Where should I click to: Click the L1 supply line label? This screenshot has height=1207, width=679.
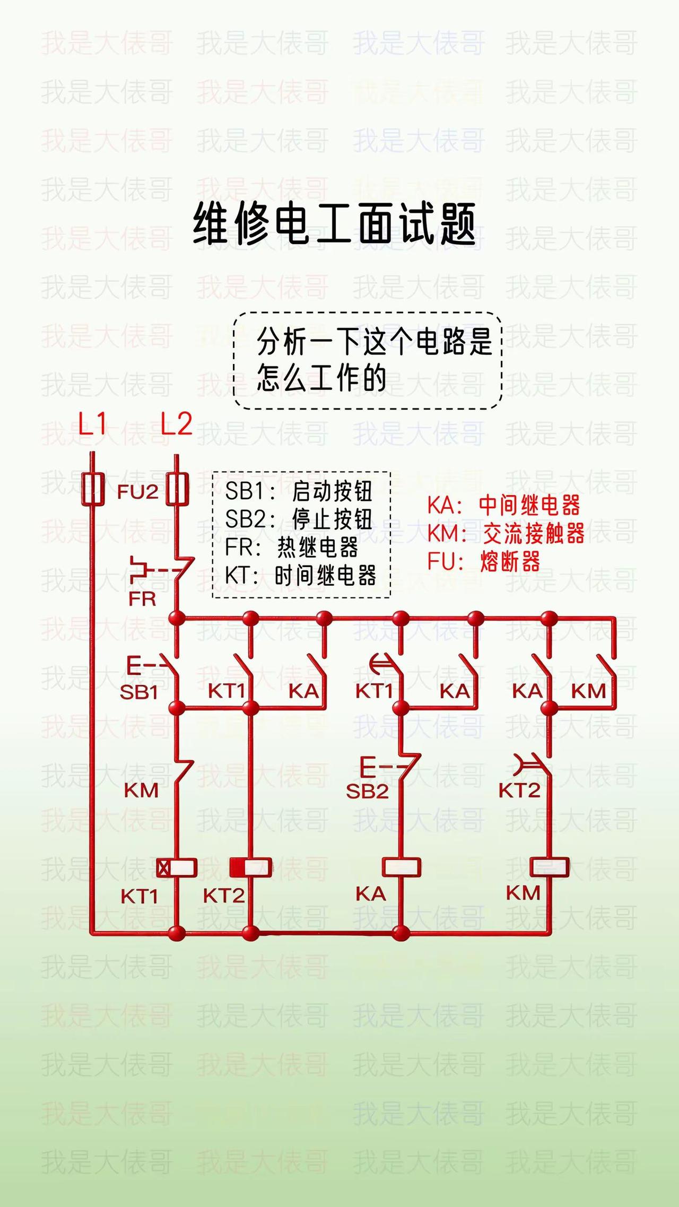pyautogui.click(x=92, y=424)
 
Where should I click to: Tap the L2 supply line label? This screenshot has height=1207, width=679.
pyautogui.click(x=176, y=424)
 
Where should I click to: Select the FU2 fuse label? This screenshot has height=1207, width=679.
pyautogui.click(x=137, y=492)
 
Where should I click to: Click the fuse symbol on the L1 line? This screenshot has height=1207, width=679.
pyautogui.click(x=93, y=488)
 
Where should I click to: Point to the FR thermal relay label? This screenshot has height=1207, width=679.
pyautogui.click(x=142, y=599)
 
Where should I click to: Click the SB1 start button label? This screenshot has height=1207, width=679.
pyautogui.click(x=139, y=692)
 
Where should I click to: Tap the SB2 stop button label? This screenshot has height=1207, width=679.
pyautogui.click(x=367, y=792)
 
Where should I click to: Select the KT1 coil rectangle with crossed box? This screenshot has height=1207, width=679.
pyautogui.click(x=177, y=868)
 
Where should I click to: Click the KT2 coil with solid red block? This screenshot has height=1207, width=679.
pyautogui.click(x=250, y=868)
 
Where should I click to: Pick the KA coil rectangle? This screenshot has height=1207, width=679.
pyautogui.click(x=402, y=867)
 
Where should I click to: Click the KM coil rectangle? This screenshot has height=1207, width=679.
pyautogui.click(x=550, y=867)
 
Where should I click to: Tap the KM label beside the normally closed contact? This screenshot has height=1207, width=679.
pyautogui.click(x=141, y=791)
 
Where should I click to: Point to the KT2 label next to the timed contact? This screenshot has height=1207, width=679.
pyautogui.click(x=519, y=791)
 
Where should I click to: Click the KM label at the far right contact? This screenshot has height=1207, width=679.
pyautogui.click(x=588, y=691)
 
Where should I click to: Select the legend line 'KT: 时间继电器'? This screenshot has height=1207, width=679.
pyautogui.click(x=300, y=576)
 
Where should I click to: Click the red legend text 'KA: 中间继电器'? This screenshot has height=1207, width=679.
pyautogui.click(x=504, y=506)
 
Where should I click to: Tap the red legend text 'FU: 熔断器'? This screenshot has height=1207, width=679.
pyautogui.click(x=484, y=561)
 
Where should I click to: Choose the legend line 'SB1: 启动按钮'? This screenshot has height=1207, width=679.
pyautogui.click(x=299, y=491)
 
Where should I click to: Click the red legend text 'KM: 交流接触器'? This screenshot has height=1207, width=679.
pyautogui.click(x=506, y=534)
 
